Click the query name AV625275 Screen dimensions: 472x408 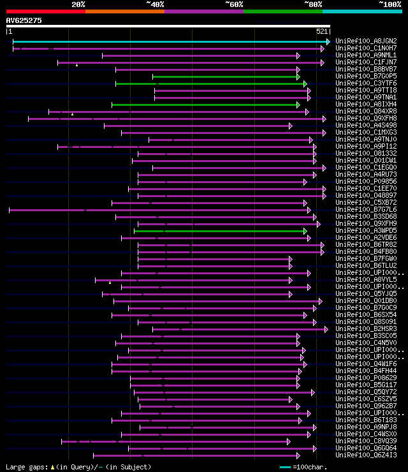coord(24,20)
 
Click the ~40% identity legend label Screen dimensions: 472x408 coord(155,4)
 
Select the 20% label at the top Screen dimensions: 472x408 coord(78,4)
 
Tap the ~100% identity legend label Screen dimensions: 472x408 coord(389,4)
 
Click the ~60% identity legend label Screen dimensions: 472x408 coord(234,4)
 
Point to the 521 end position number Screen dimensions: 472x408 coord(322,31)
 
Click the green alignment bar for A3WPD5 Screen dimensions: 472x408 coord(220,231)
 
